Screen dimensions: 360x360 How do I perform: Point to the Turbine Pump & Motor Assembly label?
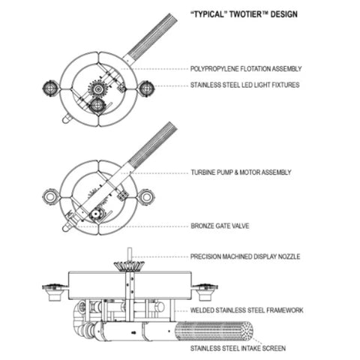point(241,172)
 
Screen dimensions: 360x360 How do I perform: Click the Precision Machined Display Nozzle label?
point(245,256)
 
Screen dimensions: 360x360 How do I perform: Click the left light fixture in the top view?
point(50,89)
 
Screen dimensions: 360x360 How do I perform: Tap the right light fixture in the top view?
point(146,88)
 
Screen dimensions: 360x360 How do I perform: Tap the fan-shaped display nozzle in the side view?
point(130,266)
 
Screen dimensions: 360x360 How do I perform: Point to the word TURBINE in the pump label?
point(204,172)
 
